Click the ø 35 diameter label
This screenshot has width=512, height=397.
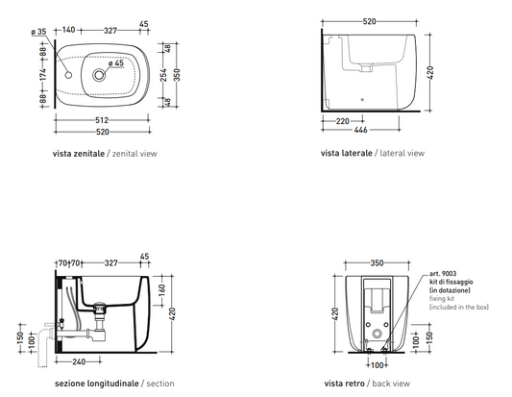click(38, 32)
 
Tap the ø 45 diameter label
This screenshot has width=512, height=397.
click(116, 62)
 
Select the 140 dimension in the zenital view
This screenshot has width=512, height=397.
click(68, 30)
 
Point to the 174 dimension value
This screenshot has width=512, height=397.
click(43, 74)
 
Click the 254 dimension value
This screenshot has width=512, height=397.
click(163, 75)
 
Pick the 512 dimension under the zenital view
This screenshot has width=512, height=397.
click(102, 120)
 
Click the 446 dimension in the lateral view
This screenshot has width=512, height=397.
click(361, 130)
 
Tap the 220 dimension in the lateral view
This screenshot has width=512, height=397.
click(343, 121)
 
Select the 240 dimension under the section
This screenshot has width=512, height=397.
click(79, 361)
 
